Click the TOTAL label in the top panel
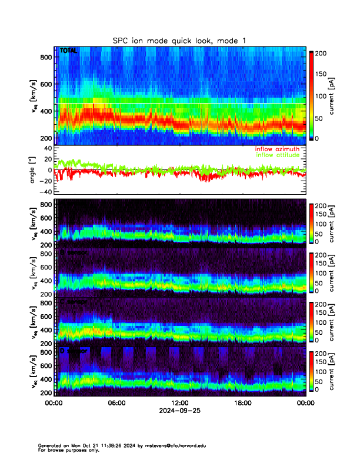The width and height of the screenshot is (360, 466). tap(68, 51)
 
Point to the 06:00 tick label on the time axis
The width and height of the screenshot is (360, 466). tap(116, 403)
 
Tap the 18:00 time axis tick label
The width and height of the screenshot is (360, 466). tap(242, 403)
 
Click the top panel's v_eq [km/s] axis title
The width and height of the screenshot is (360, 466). tap(34, 96)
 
